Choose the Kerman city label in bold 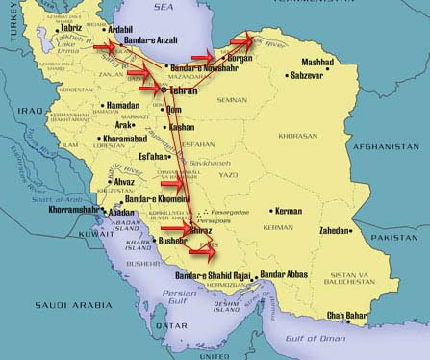pyautogui.click(x=289, y=211)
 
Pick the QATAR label pyautogui.click(x=174, y=325)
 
